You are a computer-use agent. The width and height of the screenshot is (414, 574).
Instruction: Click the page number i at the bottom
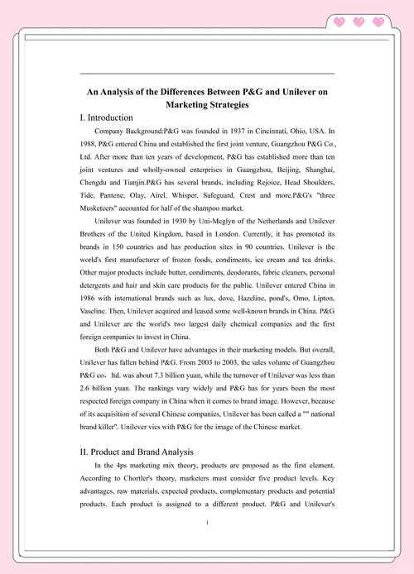pos(206,524)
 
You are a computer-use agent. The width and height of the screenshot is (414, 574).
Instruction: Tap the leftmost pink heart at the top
pos(338,22)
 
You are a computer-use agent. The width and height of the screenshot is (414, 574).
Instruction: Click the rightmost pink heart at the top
pos(378,22)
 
